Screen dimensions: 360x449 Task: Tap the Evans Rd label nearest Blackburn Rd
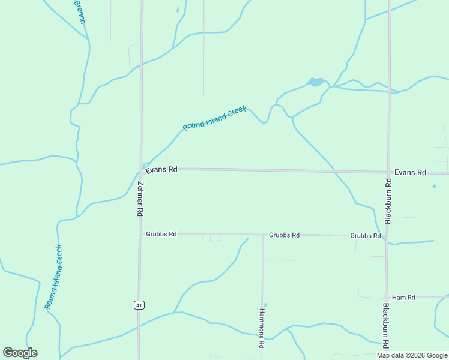point(411,173)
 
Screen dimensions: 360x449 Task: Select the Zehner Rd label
point(140,199)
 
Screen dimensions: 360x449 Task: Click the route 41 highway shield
point(139,305)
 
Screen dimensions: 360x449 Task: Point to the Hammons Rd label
point(262,329)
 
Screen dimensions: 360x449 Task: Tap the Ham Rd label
point(403,298)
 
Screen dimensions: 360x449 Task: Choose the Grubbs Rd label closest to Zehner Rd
point(161,234)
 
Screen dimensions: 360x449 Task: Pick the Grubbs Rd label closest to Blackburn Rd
point(366,236)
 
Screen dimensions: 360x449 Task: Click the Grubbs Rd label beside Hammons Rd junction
point(284,235)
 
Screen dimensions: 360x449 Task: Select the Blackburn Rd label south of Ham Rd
point(386,326)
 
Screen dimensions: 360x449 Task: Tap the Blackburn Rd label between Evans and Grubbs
point(388,201)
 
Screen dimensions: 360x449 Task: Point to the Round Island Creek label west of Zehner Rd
point(53,277)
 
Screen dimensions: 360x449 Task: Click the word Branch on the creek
point(80,11)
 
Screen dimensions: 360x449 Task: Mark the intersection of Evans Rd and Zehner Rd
point(142,169)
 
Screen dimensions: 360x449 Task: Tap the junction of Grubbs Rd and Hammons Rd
point(262,235)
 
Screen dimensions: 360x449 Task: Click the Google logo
point(20,353)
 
